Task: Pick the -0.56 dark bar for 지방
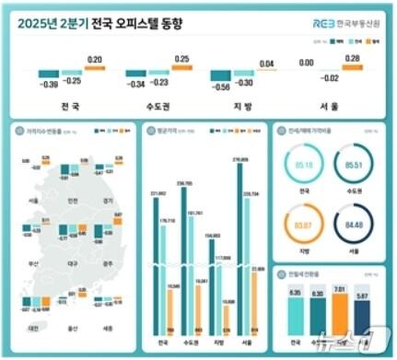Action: (x=221, y=76)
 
